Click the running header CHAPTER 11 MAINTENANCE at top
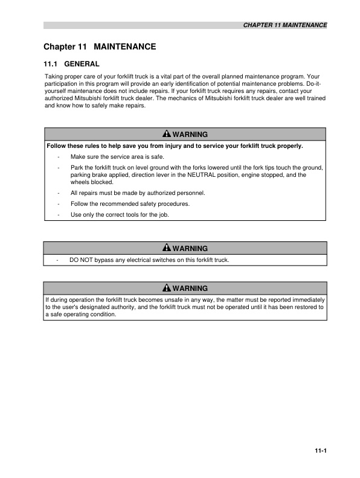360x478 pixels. (x=284, y=25)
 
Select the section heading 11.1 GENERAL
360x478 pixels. (x=71, y=63)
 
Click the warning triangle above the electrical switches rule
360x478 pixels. (x=167, y=248)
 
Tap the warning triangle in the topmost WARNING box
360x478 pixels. (x=167, y=134)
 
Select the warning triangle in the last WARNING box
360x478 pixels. (x=167, y=288)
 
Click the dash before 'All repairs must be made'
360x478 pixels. (x=58, y=193)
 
